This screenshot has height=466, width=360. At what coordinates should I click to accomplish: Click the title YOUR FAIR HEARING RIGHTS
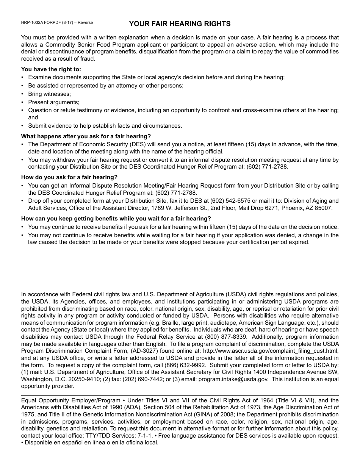click(180, 24)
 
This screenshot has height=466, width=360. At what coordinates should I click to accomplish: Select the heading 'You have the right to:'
click(51, 69)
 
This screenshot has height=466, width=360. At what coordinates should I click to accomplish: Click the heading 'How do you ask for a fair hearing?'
click(69, 177)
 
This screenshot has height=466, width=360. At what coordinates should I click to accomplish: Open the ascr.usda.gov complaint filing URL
click(271, 351)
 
